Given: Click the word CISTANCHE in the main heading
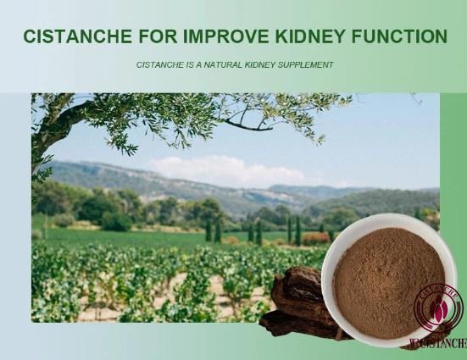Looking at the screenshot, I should tap(77, 36).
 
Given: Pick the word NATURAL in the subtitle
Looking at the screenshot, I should tap(225, 64).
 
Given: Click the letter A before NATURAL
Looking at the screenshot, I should tap(197, 64).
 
